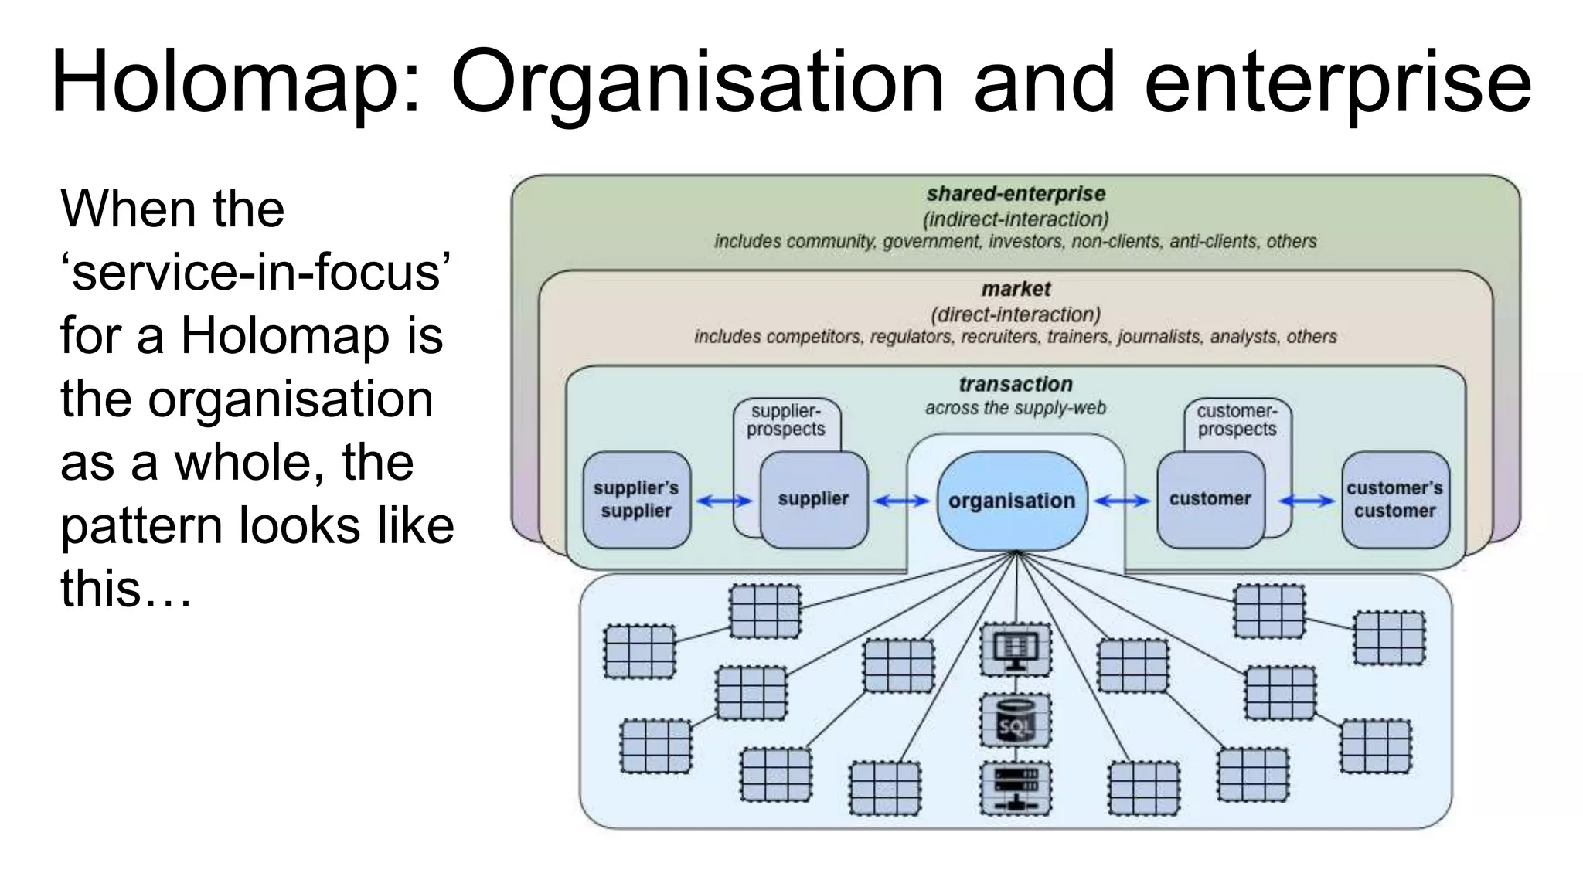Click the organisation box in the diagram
[x=1012, y=501]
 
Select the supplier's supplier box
[x=636, y=500]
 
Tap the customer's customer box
[x=1394, y=500]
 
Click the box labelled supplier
[x=813, y=500]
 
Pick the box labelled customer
[x=1210, y=500]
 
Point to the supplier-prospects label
[x=785, y=420]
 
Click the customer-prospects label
[x=1237, y=420]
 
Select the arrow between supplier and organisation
[x=901, y=501]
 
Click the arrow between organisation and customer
[x=1122, y=501]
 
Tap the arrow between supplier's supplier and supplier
[x=724, y=501]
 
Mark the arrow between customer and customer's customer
[x=1306, y=501]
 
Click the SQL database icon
[x=1015, y=720]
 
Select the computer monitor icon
[x=1015, y=649]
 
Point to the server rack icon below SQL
[x=1015, y=789]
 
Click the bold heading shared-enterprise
[x=1016, y=194]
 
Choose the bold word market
[x=1016, y=289]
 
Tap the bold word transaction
[x=1016, y=384]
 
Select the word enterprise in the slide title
[x=1336, y=83]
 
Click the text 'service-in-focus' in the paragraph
[x=255, y=273]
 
